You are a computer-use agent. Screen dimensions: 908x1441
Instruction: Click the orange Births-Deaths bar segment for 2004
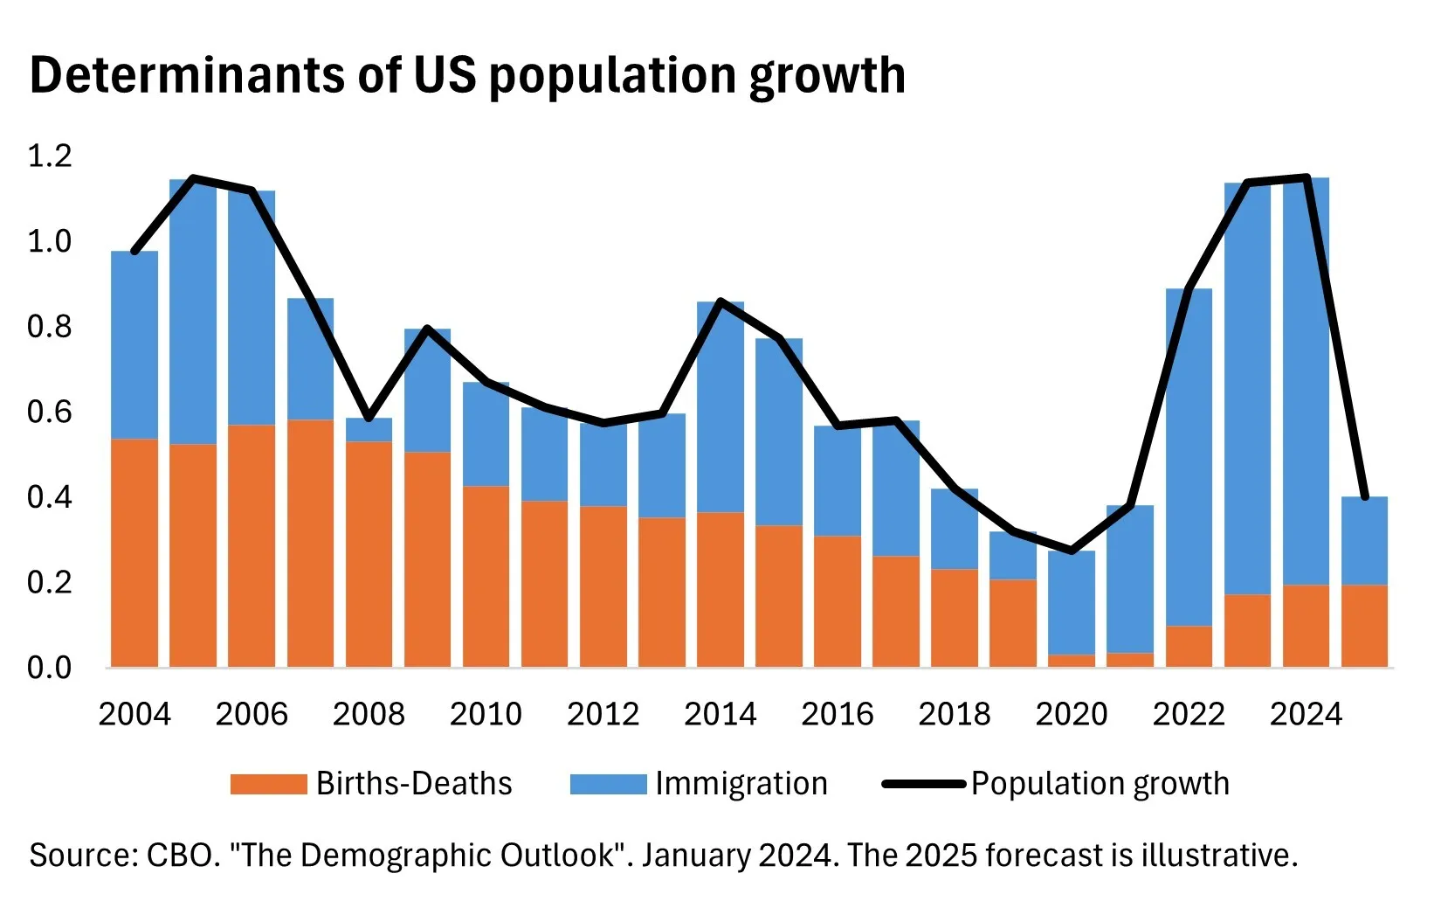(134, 552)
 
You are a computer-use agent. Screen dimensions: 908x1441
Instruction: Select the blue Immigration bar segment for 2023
(1247, 389)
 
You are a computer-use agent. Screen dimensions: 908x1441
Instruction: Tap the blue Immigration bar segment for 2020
(1072, 603)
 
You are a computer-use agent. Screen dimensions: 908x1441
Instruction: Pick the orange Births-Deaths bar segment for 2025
(1364, 626)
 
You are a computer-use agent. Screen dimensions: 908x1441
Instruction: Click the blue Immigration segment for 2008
(369, 430)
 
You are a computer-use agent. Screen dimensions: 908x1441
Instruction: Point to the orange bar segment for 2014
(720, 590)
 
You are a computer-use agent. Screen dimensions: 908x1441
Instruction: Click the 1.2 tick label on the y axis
(50, 156)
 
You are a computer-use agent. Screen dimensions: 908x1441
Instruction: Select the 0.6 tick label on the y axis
(50, 412)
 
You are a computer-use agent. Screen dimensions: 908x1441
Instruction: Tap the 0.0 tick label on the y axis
(50, 668)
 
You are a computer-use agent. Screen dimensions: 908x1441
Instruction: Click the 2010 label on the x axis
(486, 714)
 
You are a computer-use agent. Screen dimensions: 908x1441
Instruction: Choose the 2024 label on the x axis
(1306, 714)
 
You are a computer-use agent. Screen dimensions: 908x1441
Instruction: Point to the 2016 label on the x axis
(837, 714)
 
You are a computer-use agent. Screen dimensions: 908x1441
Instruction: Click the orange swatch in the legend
(268, 784)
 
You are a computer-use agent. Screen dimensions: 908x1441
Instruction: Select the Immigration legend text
(741, 784)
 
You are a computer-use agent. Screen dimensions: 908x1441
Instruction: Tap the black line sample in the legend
(923, 784)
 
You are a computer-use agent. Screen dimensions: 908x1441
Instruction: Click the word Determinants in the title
(187, 75)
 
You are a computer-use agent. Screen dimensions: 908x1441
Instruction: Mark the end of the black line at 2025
(1364, 496)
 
